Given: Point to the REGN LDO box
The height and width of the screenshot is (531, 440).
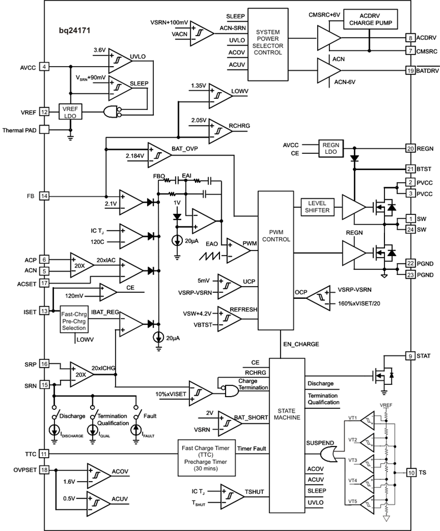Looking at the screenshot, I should coord(331,149).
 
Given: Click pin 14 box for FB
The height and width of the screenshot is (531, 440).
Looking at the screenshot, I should coord(44,196).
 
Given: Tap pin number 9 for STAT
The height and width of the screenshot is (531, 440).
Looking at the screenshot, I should coord(411,356).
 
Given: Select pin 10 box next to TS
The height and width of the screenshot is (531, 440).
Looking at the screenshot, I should coord(411,473).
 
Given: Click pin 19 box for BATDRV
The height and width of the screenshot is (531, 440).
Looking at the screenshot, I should coord(411,71).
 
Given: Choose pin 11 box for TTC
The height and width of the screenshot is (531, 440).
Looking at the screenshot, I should coord(44,454).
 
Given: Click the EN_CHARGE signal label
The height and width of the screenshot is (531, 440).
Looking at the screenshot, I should coord(301,344).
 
